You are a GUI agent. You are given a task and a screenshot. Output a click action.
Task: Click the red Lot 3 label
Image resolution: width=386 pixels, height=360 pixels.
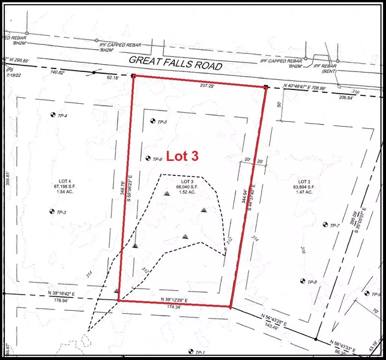point(182,156)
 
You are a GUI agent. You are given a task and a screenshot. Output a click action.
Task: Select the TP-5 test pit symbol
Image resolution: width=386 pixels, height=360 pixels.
point(152,122)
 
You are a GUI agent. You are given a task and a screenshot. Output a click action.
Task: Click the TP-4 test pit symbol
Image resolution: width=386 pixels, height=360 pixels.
point(52,115)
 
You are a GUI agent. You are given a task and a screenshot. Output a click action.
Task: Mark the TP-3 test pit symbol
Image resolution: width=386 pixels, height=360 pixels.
point(51,211)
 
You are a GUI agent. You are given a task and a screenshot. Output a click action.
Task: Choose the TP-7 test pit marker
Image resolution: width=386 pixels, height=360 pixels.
point(325,225)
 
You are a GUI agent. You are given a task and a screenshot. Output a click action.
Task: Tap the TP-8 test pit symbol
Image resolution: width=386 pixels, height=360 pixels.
point(303,281)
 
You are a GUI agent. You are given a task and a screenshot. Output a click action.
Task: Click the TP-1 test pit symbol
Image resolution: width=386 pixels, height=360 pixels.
point(190,352)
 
